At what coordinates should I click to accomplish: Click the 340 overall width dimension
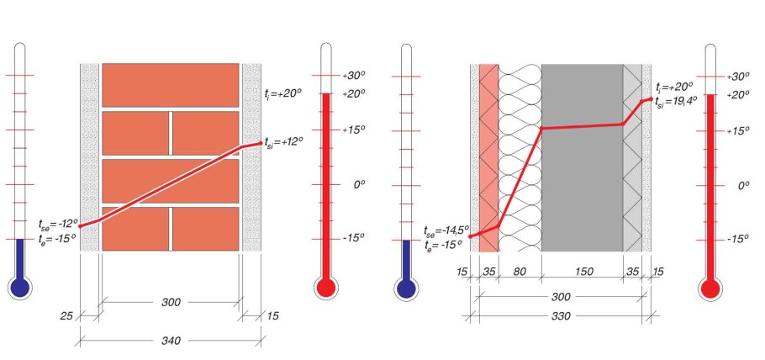171,340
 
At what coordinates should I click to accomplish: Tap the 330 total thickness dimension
561,316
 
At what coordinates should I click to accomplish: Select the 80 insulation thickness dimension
520,272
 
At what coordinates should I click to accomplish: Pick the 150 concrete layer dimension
583,272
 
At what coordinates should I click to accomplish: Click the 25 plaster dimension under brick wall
67,316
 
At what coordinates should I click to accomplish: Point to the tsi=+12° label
283,141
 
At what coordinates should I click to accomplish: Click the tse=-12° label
59,224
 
